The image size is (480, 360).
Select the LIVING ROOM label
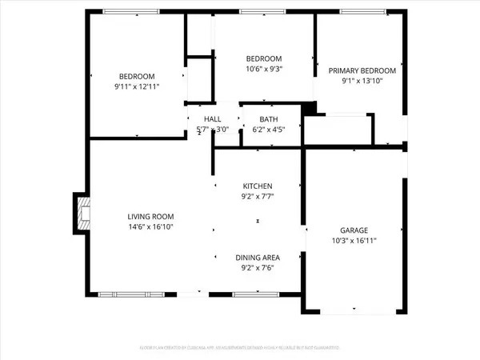point(151,217)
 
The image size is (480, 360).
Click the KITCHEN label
point(258,185)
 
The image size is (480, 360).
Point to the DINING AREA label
point(258,258)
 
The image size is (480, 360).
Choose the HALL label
point(212,118)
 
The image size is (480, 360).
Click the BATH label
point(269,118)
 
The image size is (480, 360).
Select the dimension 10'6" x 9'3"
point(264,70)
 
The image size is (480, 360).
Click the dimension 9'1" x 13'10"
point(357,81)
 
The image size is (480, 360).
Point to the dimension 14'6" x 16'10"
point(151,227)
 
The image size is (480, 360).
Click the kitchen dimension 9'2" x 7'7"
point(258,195)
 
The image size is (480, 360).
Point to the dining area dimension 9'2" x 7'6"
point(258,268)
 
